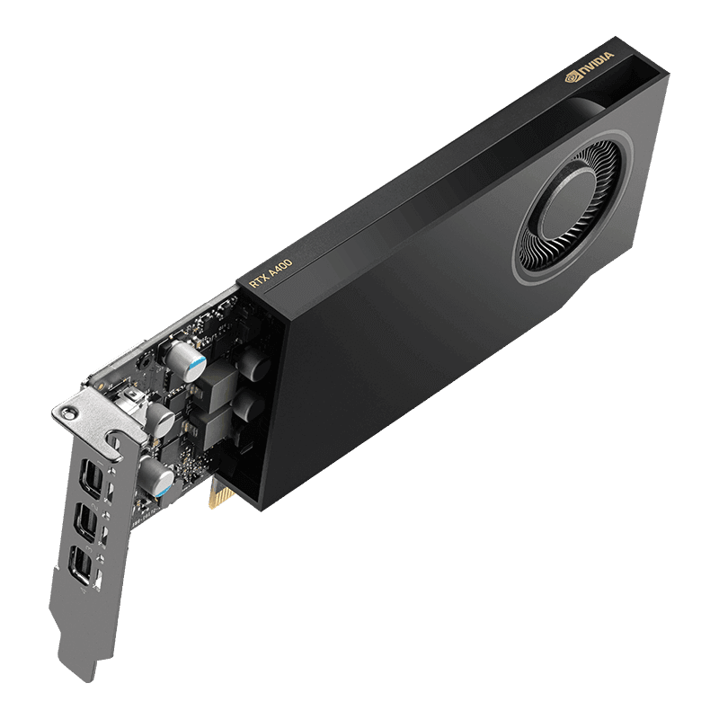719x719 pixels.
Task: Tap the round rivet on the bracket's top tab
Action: pyautogui.click(x=66, y=411)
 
